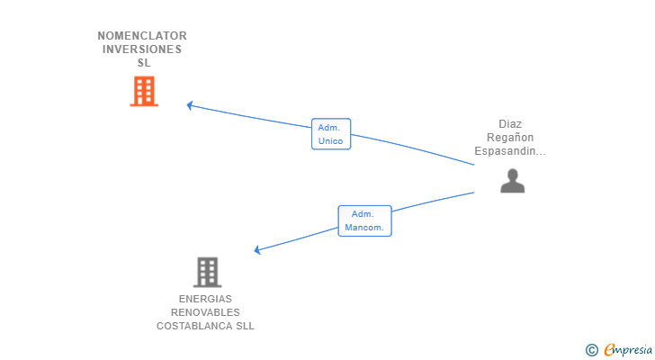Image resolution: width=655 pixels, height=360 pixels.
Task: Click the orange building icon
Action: pyautogui.click(x=144, y=91)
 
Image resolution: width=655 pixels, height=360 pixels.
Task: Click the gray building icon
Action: pyautogui.click(x=207, y=272)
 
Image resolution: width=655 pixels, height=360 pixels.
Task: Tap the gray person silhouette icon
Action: pyautogui.click(x=512, y=181)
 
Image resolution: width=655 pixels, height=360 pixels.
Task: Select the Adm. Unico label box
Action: pyautogui.click(x=331, y=134)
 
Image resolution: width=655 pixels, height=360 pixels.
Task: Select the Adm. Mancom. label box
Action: pyautogui.click(x=364, y=220)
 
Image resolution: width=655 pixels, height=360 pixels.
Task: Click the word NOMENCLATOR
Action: pyautogui.click(x=142, y=36)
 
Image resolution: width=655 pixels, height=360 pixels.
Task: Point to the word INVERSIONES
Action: pyautogui.click(x=142, y=49)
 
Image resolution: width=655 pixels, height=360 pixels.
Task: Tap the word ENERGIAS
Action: pyautogui.click(x=205, y=299)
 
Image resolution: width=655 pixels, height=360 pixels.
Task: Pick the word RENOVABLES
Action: pyautogui.click(x=205, y=312)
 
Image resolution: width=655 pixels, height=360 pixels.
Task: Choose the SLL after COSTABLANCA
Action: pyautogui.click(x=245, y=326)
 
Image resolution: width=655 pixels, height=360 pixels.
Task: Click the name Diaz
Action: pyautogui.click(x=510, y=124)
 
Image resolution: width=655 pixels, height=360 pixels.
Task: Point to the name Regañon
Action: pyautogui.click(x=510, y=138)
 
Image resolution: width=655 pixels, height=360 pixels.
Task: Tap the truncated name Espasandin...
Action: pyautogui.click(x=510, y=151)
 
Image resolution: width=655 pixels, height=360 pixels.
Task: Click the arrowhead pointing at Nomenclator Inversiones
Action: pyautogui.click(x=190, y=105)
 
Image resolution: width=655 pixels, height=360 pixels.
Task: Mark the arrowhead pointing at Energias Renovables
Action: pyautogui.click(x=258, y=249)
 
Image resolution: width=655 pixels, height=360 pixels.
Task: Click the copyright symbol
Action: pyautogui.click(x=591, y=349)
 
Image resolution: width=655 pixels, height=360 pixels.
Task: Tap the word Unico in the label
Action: pyautogui.click(x=331, y=141)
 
